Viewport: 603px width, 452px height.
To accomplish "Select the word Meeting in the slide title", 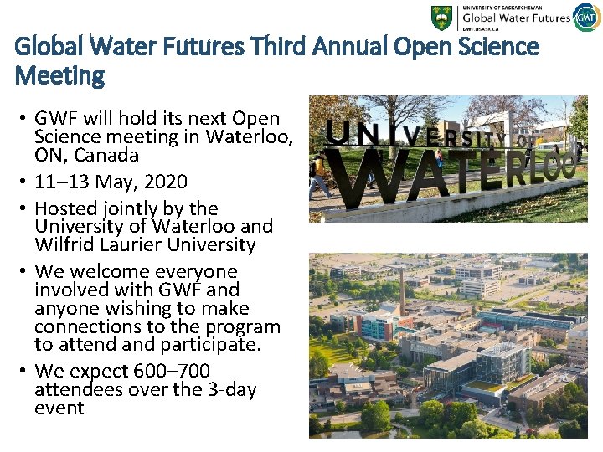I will (59, 76).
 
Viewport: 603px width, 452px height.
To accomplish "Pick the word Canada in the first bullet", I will (108, 156).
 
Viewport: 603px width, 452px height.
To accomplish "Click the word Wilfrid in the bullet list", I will (65, 245).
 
